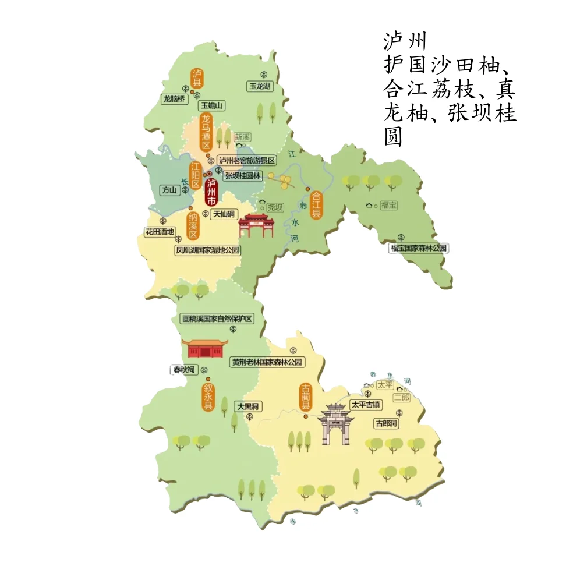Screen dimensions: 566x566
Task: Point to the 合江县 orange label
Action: tap(317, 205)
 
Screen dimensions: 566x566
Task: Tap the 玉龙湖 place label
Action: tap(260, 86)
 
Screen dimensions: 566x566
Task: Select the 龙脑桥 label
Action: tap(174, 99)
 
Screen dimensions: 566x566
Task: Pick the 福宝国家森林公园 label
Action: tap(419, 248)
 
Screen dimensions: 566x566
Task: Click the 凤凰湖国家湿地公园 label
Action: tap(208, 250)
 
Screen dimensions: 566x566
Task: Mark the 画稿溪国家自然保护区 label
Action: tap(221, 319)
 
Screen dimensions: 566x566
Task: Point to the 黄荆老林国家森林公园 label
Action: tap(267, 362)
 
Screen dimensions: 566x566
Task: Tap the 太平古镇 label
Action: tap(365, 404)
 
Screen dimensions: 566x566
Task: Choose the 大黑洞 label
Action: tap(247, 406)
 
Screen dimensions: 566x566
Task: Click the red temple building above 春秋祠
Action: tap(203, 348)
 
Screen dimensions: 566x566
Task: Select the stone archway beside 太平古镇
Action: tap(334, 423)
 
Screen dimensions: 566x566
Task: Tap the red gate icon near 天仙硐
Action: tap(256, 225)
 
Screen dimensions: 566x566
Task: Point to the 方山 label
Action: tap(169, 190)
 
